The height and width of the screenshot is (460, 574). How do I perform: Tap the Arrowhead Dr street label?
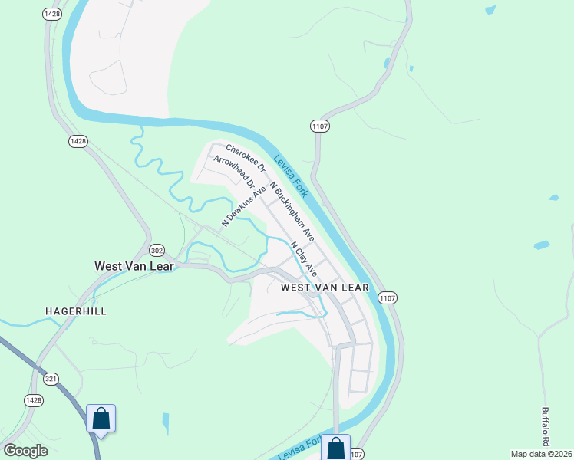pyautogui.click(x=234, y=172)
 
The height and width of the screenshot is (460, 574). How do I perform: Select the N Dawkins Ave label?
pyautogui.click(x=244, y=205)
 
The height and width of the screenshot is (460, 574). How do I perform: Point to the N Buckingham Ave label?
pyautogui.click(x=292, y=212)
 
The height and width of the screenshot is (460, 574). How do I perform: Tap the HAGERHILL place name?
pyautogui.click(x=75, y=311)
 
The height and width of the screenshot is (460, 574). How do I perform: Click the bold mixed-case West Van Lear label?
pyautogui.click(x=135, y=266)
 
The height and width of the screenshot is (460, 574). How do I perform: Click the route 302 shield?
pyautogui.click(x=157, y=250)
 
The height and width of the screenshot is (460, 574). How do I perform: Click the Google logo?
pyautogui.click(x=25, y=451)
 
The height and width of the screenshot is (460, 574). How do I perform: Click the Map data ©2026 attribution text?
pyautogui.click(x=542, y=454)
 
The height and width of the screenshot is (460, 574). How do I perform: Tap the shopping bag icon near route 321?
pyautogui.click(x=101, y=419)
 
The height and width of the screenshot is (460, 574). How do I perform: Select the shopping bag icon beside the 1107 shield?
pyautogui.click(x=336, y=449)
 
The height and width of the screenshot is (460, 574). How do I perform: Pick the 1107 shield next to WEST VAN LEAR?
pyautogui.click(x=387, y=297)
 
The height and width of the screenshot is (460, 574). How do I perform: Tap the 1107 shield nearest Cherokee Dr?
pyautogui.click(x=320, y=125)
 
